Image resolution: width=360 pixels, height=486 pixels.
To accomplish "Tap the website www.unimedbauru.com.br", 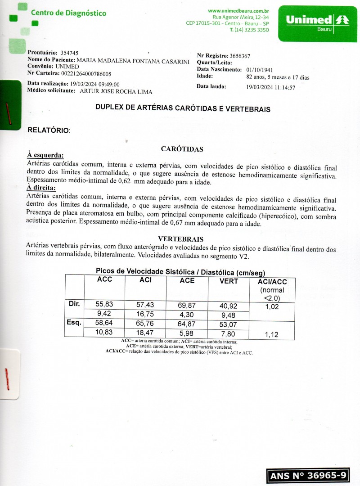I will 238,10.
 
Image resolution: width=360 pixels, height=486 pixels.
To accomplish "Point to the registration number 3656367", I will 240,56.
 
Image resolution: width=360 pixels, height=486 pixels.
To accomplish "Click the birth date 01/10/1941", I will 261,70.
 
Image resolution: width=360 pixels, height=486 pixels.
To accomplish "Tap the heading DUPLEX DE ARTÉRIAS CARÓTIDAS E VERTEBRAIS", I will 183,109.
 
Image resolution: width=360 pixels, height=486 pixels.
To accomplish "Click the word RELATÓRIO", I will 49,130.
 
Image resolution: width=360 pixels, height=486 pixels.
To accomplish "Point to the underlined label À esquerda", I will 45,155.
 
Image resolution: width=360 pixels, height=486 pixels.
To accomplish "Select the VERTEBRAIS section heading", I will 181,239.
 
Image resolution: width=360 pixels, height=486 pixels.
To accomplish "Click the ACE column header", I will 187,280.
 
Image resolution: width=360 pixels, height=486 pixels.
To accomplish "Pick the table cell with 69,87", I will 187,305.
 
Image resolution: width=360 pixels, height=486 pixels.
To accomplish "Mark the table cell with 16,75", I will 145,314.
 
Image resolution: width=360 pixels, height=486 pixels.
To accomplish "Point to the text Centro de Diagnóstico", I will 68,13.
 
